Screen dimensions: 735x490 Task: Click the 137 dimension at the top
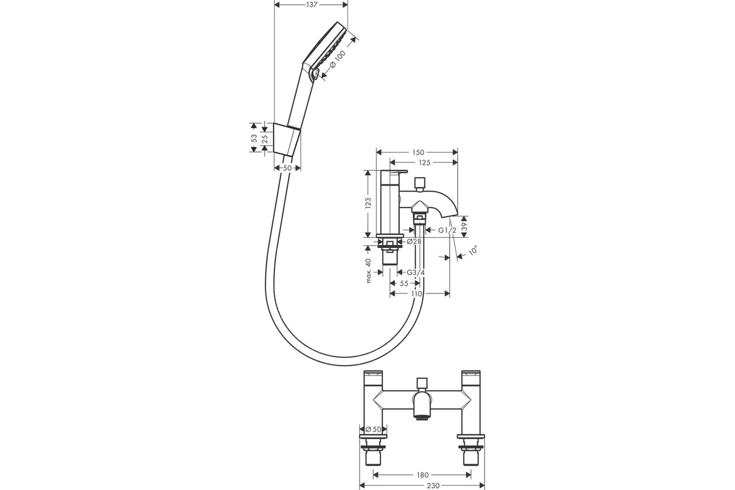pos(311,5)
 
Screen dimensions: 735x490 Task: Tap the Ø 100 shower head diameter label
pos(336,59)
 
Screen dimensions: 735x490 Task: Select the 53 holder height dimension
pos(254,138)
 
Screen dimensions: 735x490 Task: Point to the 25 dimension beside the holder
pos(265,138)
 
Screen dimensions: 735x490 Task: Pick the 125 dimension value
pos(424,162)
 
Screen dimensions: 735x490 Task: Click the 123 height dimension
pos(368,203)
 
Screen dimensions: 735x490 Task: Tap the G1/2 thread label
pos(447,230)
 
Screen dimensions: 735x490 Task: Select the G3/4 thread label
pos(416,273)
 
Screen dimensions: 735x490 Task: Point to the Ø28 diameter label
pos(414,241)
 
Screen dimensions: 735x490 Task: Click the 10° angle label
pos(473,251)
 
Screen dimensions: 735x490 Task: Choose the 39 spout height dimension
pos(464,227)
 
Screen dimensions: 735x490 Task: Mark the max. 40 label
pos(368,271)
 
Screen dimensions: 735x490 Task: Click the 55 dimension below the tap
pos(404,283)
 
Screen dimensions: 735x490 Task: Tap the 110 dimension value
pos(417,294)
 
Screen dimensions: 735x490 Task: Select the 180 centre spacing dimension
pos(423,475)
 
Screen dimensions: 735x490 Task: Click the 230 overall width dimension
pos(433,486)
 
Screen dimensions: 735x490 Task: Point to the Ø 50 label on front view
pos(374,429)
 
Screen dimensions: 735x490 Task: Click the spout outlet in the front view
pos(424,418)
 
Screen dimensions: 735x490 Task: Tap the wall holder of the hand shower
pos(286,139)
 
